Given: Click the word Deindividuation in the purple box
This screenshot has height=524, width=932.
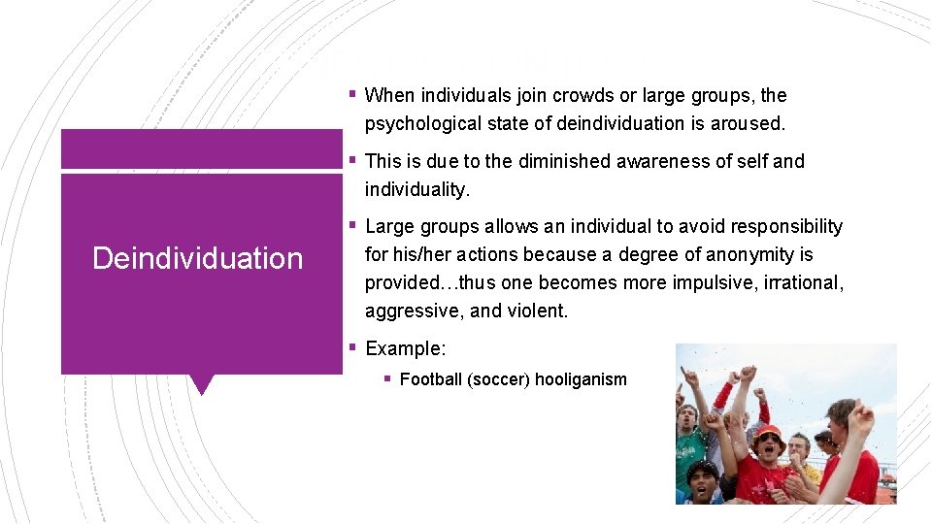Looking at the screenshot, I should (197, 258).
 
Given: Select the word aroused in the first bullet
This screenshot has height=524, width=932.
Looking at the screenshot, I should (749, 123).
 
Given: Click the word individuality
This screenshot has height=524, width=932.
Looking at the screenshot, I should (416, 189).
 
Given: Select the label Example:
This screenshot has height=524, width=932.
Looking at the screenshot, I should (406, 347).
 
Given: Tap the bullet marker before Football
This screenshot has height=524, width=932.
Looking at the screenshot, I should (387, 379).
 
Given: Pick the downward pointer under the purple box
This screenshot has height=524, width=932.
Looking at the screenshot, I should (201, 384).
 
